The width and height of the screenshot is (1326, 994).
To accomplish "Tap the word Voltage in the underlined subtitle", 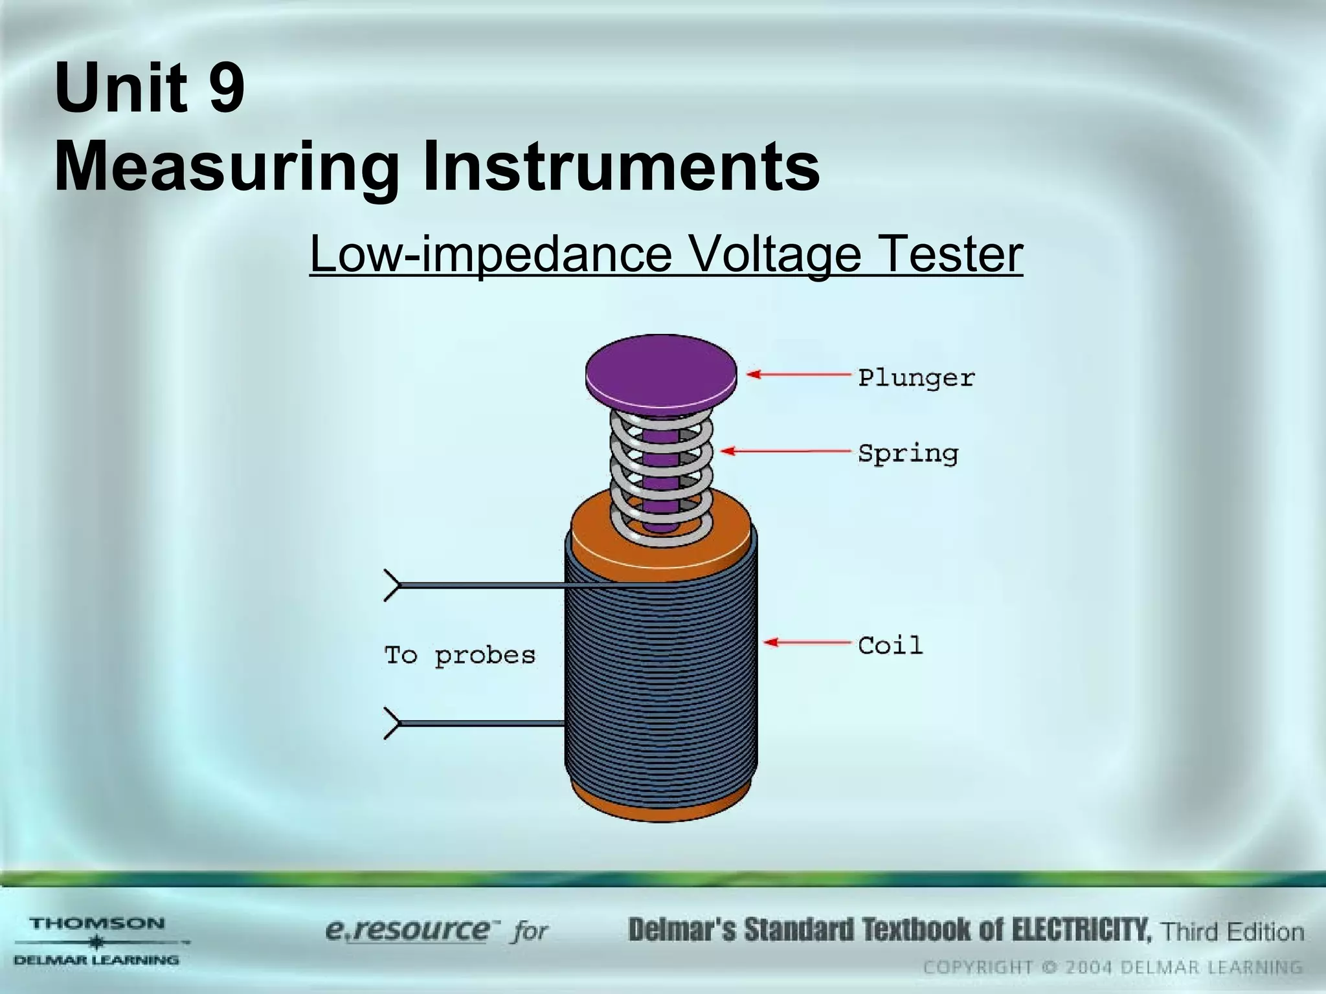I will (774, 254).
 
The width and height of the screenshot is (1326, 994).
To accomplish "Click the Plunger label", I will (916, 377).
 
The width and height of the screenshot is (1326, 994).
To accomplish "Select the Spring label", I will (908, 453).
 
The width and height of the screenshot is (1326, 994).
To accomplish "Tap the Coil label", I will (890, 645).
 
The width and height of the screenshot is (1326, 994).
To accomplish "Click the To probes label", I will (460, 655).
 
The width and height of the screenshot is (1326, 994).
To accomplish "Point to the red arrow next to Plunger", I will (799, 374).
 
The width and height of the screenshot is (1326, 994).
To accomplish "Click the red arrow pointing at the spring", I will (785, 450).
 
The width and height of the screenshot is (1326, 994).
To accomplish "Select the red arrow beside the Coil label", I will (807, 642).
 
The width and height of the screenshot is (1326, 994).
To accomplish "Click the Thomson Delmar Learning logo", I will (97, 941).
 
